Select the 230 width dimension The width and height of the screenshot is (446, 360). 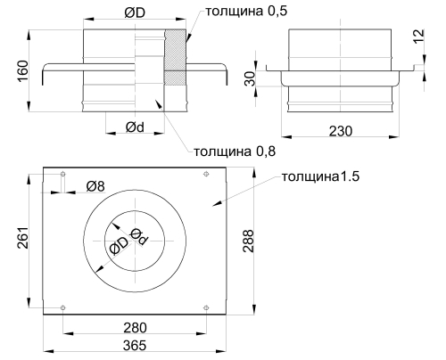point(340,131)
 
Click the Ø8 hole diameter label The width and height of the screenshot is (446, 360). point(96,186)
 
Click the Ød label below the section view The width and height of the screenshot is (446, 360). point(136,127)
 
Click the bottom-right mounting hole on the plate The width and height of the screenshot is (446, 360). point(206,307)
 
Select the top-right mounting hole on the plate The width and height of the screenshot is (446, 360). point(206,175)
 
